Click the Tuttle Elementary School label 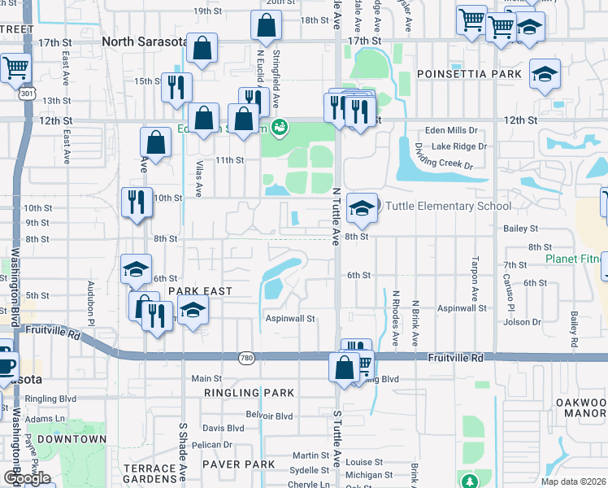(448, 206)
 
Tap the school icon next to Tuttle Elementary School (362, 209)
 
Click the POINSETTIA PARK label (469, 74)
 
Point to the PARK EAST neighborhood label (200, 291)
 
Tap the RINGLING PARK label (249, 394)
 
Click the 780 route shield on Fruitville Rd (246, 357)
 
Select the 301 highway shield (27, 94)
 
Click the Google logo (26, 478)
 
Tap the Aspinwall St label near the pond (290, 319)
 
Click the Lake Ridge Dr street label (458, 146)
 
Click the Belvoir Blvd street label (270, 416)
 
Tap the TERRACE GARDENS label (150, 474)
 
